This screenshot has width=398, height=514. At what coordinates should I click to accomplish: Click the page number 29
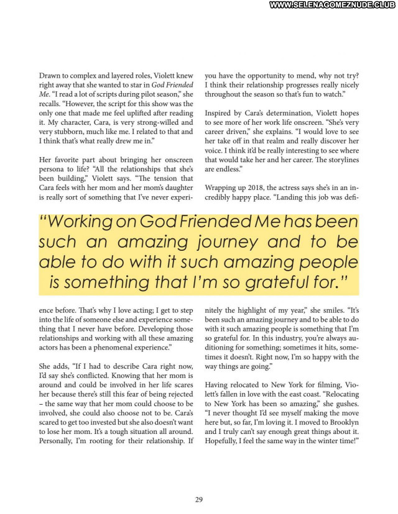[x=199, y=499]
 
